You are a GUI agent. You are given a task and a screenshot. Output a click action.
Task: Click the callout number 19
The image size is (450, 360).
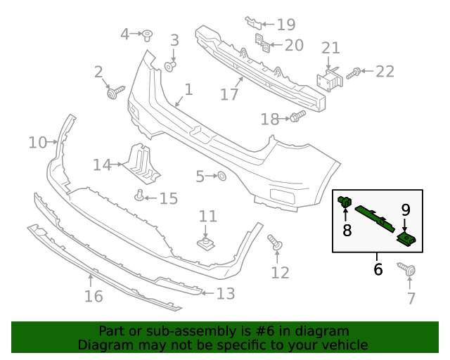click(285, 25)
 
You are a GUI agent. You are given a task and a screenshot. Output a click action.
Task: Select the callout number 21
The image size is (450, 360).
click(330, 49)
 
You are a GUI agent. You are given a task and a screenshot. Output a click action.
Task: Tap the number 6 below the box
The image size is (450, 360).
click(378, 269)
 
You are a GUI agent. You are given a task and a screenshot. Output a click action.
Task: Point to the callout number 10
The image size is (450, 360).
click(37, 143)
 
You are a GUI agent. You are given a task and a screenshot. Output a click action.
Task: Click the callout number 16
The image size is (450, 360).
click(94, 296)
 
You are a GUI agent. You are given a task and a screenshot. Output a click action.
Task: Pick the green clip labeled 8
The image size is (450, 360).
click(345, 203)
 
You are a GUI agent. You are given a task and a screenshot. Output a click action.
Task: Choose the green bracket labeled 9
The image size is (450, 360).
click(406, 240)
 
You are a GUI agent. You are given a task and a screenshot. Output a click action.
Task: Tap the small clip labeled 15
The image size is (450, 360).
click(140, 195)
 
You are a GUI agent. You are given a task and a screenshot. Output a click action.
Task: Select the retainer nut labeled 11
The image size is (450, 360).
click(205, 243)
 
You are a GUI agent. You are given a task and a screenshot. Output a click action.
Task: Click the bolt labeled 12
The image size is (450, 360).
click(275, 243)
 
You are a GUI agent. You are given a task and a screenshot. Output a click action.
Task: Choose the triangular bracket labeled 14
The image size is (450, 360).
click(139, 162)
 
